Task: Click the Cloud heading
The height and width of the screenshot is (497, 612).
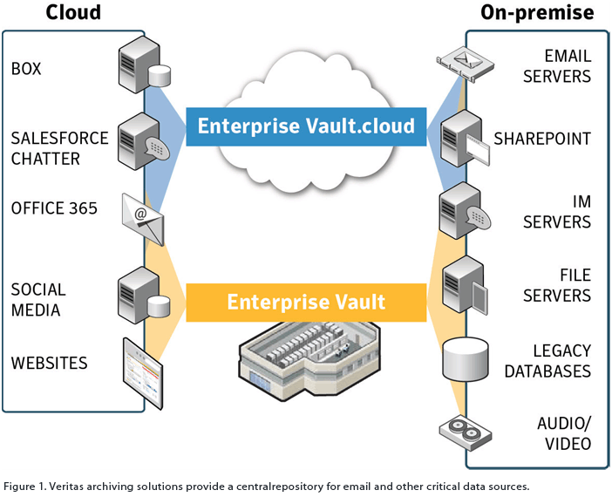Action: [x=73, y=12]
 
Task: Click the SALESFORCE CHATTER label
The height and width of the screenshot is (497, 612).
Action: [x=59, y=148]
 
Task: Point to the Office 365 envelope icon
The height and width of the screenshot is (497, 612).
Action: [x=142, y=218]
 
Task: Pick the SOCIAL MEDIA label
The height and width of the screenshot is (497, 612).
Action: [x=38, y=299]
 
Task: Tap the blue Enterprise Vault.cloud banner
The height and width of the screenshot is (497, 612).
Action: [x=306, y=126]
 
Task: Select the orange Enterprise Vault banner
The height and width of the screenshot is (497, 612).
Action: [x=306, y=303]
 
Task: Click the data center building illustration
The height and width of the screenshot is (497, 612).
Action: [x=305, y=366]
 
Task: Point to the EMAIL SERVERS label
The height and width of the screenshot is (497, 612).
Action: [x=555, y=66]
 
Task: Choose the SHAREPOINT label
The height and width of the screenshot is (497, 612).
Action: [x=542, y=139]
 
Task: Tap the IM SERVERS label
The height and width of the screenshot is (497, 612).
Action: [x=556, y=212]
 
